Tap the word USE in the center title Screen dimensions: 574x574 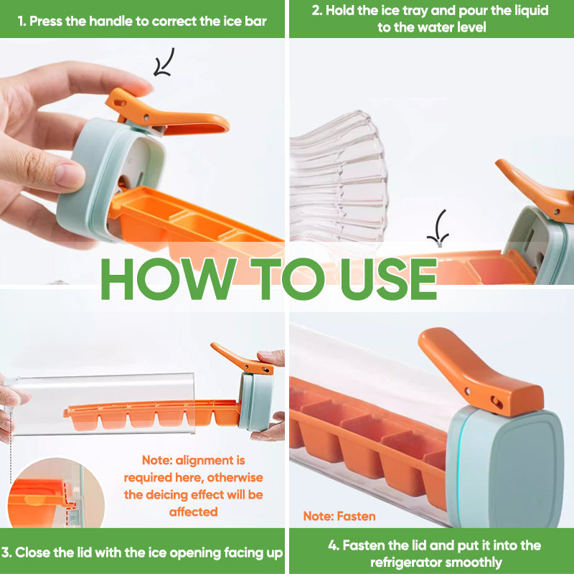[x=388, y=275]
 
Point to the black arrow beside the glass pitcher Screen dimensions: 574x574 [x=437, y=228]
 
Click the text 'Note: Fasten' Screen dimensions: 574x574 [x=339, y=516]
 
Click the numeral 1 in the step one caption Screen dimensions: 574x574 [x=21, y=21]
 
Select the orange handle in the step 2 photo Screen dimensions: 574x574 [x=535, y=187]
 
